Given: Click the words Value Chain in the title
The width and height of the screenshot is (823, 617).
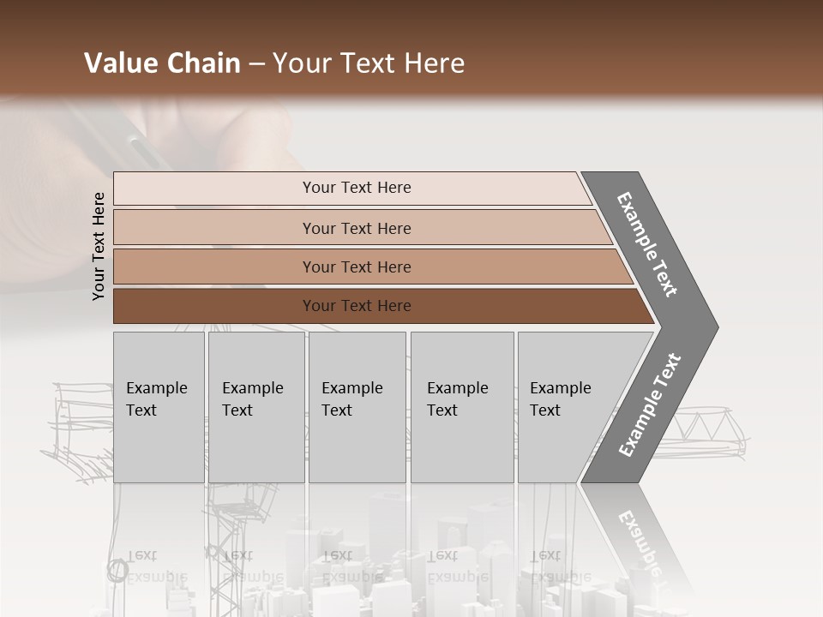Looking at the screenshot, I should pyautogui.click(x=162, y=63).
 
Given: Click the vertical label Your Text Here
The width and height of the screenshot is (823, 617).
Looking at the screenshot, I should pyautogui.click(x=99, y=246).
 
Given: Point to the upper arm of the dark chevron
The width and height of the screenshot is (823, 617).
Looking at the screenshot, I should pyautogui.click(x=647, y=244).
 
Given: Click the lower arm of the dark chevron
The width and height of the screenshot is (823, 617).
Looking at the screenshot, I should pyautogui.click(x=649, y=405).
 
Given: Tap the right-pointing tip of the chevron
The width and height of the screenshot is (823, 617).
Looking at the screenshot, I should pyautogui.click(x=707, y=326).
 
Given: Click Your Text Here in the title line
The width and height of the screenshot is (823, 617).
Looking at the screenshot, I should pyautogui.click(x=369, y=63).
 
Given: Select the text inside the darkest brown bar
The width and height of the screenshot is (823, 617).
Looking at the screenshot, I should pyautogui.click(x=357, y=306).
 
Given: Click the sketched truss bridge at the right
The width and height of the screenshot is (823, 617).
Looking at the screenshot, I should pyautogui.click(x=703, y=424).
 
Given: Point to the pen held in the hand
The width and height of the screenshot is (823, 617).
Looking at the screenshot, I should pyautogui.click(x=129, y=137).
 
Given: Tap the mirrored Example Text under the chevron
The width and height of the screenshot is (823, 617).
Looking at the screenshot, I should pyautogui.click(x=639, y=540).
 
